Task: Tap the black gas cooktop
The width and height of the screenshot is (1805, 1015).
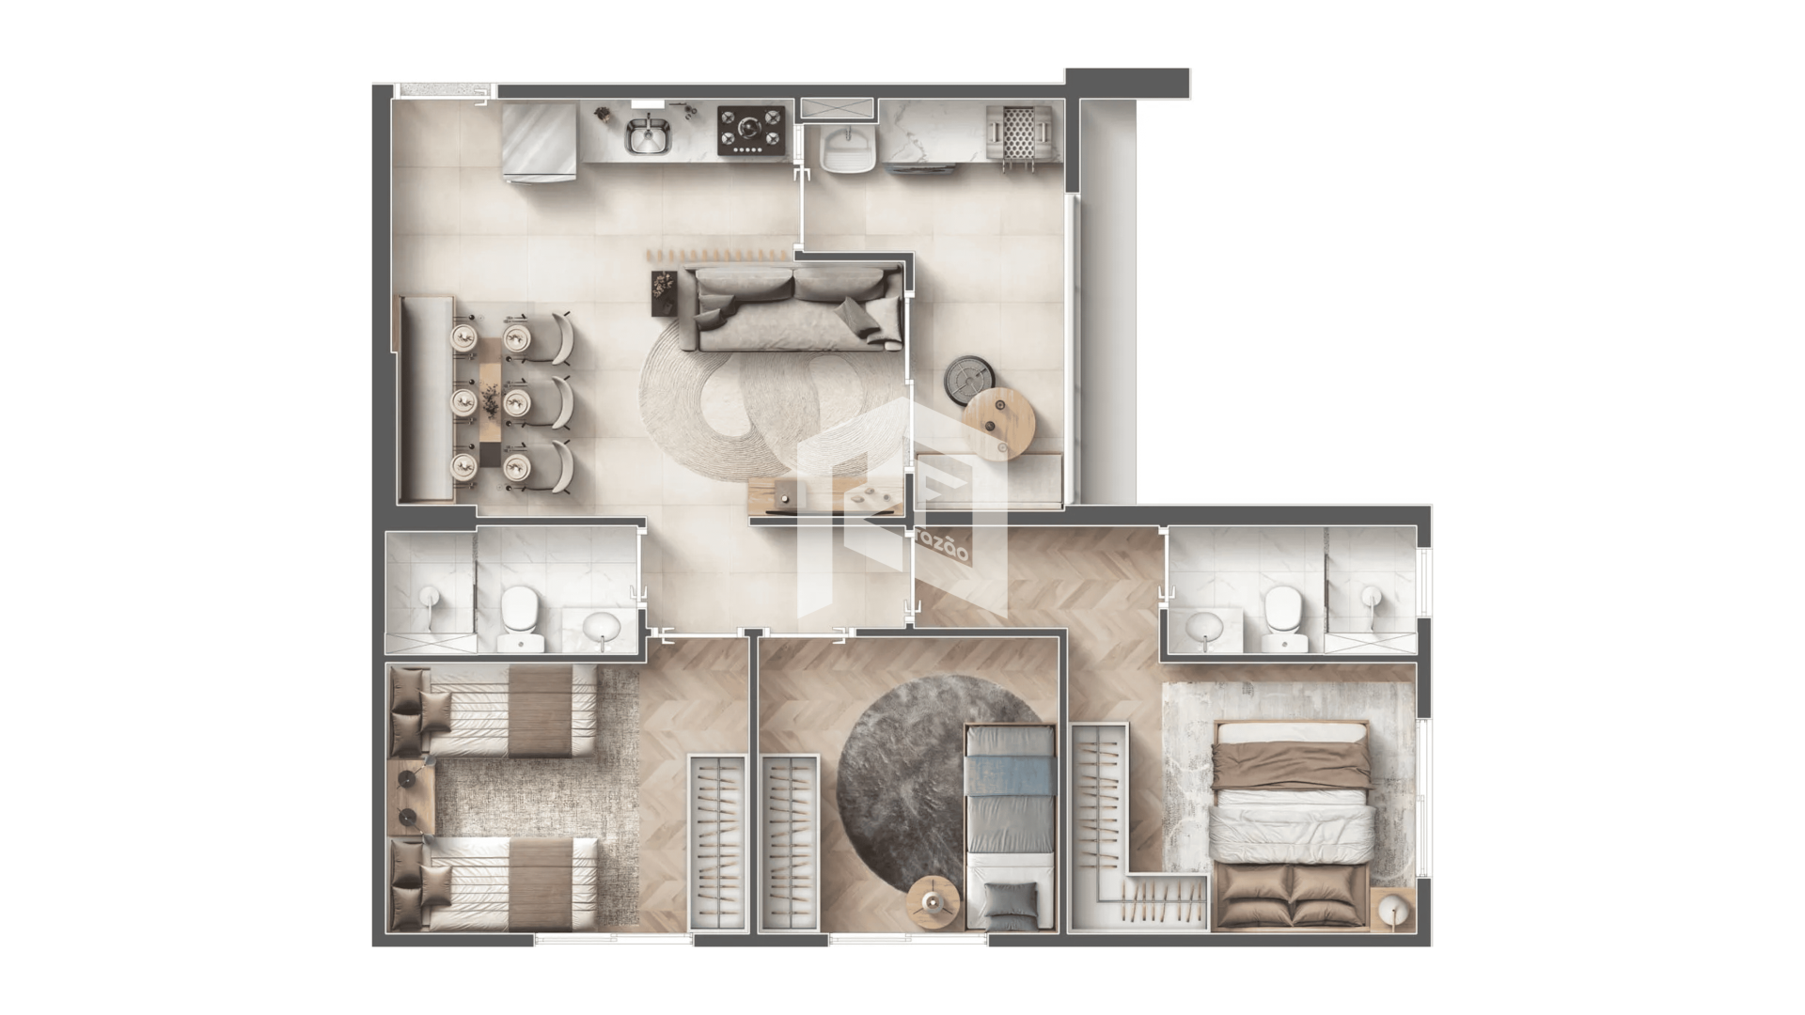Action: click(751, 130)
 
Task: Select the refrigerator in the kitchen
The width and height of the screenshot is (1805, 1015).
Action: click(539, 139)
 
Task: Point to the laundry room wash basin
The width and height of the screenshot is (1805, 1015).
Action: click(849, 148)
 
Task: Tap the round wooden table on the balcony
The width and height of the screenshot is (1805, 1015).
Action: click(1000, 422)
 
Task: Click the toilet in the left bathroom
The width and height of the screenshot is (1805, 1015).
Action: click(516, 618)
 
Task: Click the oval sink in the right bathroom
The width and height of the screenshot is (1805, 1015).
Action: click(1204, 628)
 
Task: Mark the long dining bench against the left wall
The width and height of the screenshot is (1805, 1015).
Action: click(426, 398)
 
